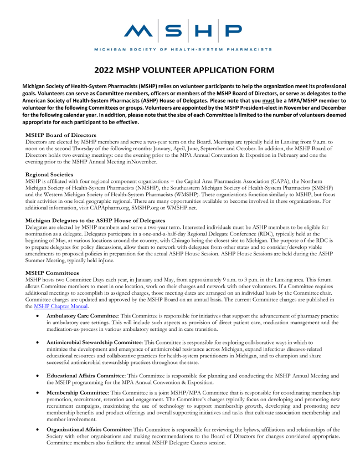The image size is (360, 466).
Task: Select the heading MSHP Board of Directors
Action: pos(61,135)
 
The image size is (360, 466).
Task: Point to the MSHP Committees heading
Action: pos(52,273)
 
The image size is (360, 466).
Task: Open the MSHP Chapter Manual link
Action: pos(60,306)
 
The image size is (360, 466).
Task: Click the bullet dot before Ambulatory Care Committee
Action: pos(37,316)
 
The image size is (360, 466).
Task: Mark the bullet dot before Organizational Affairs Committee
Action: pos(37,430)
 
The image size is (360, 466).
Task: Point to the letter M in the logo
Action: pos(139,30)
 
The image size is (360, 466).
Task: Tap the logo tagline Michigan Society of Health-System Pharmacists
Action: pos(183,49)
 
